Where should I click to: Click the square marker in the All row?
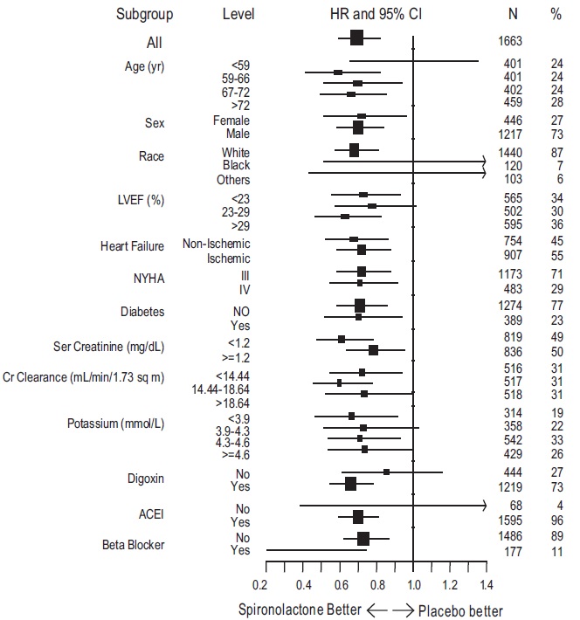point(356,38)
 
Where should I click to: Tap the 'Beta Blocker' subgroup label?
point(142,546)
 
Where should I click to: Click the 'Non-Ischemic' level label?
point(217,244)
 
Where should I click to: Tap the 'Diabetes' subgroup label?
point(143,311)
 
